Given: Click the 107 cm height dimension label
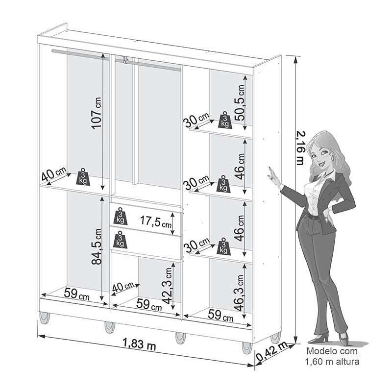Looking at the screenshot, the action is pyautogui.click(x=96, y=113).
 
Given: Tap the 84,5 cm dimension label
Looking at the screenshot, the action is pyautogui.click(x=97, y=246).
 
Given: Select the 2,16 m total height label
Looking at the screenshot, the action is pyautogui.click(x=300, y=148).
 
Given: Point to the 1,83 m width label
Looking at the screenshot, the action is pyautogui.click(x=139, y=344).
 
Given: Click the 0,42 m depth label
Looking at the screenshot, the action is pyautogui.click(x=272, y=351).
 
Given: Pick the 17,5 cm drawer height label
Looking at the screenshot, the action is pyautogui.click(x=156, y=221).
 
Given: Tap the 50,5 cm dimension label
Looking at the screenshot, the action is pyautogui.click(x=239, y=102).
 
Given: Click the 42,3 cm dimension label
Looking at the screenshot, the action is pyautogui.click(x=167, y=285).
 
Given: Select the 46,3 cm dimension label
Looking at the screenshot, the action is pyautogui.click(x=239, y=293).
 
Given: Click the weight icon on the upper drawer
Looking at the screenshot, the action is pyautogui.click(x=120, y=216).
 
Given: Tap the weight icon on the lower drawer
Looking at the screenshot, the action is pyautogui.click(x=120, y=240).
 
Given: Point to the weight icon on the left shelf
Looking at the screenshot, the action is pyautogui.click(x=83, y=177).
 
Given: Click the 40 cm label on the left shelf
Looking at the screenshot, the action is pyautogui.click(x=54, y=174).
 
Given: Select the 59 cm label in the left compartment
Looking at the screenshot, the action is pyautogui.click(x=76, y=294).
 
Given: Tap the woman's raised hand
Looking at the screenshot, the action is pyautogui.click(x=274, y=177).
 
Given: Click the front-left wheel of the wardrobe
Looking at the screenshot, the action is pyautogui.click(x=44, y=318).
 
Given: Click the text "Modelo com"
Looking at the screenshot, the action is pyautogui.click(x=332, y=351).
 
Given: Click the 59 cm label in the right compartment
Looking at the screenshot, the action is pyautogui.click(x=220, y=316).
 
